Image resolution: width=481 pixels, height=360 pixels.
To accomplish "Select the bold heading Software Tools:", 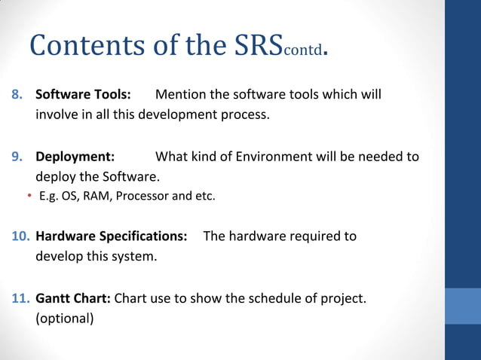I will (x=84, y=95).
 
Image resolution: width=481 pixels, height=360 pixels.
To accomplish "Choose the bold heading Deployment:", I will (x=75, y=157).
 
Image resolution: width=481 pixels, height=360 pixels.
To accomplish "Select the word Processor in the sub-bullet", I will (x=143, y=197).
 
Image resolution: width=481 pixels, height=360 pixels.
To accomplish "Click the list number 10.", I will (x=20, y=236).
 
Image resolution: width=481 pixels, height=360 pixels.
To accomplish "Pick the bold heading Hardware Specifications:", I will (x=112, y=236).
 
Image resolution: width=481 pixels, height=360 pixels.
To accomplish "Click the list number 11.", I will (x=20, y=298).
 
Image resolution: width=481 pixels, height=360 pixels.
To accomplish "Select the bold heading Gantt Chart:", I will (x=74, y=298).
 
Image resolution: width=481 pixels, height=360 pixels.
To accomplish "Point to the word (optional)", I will (x=65, y=318).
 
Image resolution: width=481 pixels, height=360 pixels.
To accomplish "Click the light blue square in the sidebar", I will (x=463, y=305).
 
